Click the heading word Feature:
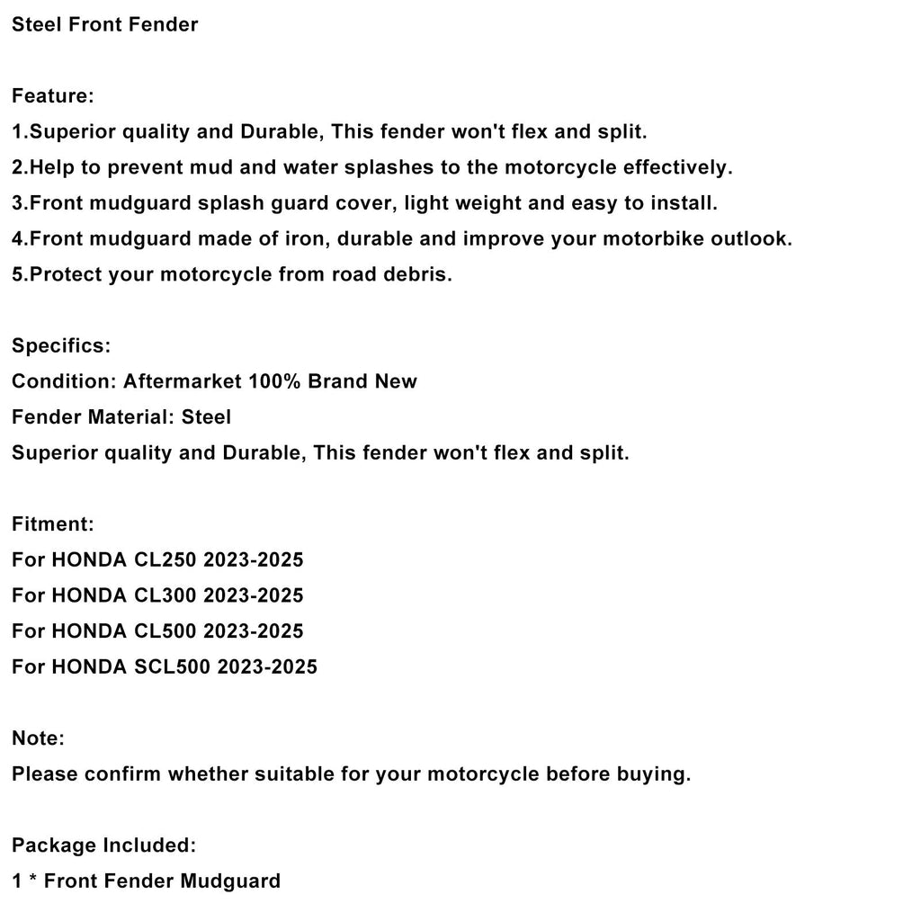pyautogui.click(x=53, y=95)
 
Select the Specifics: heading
pyautogui.click(x=61, y=345)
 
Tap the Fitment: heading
pyautogui.click(x=53, y=523)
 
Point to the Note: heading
pyautogui.click(x=38, y=738)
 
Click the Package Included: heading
pyautogui.click(x=103, y=845)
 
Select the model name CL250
pyautogui.click(x=165, y=559)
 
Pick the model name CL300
pyautogui.click(x=165, y=595)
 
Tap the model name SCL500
pyautogui.click(x=171, y=666)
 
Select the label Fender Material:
pyautogui.click(x=93, y=416)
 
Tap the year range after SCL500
pyautogui.click(x=267, y=666)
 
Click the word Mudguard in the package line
pyautogui.click(x=230, y=881)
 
